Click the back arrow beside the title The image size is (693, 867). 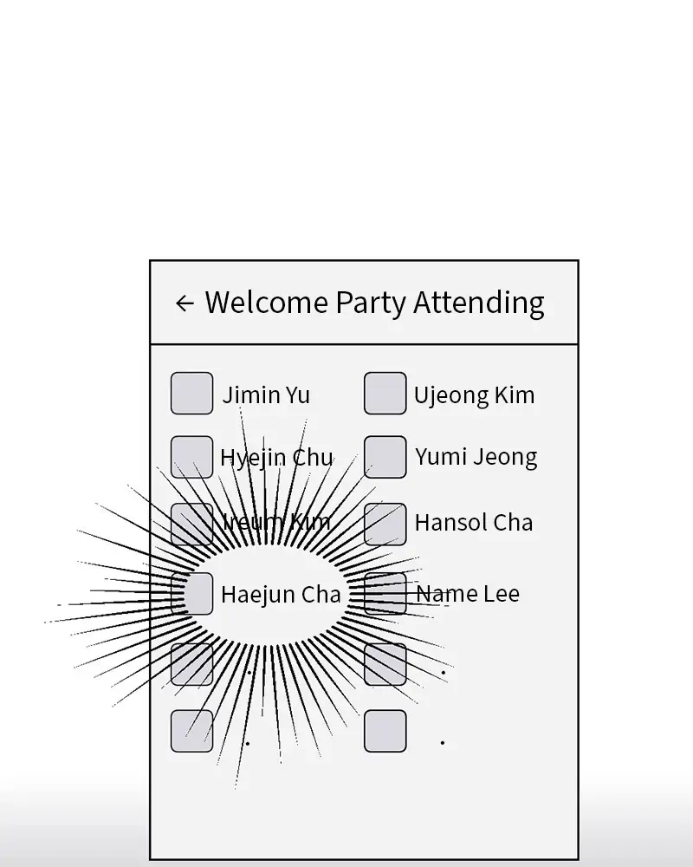coord(184,303)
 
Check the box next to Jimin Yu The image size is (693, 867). coord(191,394)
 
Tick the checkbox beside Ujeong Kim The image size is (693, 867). coord(385,394)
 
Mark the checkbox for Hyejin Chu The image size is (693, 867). coord(191,457)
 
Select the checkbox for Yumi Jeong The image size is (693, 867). coord(385,457)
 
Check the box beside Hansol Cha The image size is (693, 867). coord(385,525)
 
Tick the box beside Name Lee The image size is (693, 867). coord(385,594)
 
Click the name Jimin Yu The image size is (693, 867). coord(266,395)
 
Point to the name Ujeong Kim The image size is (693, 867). coord(474,395)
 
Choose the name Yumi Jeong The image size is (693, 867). coord(476,458)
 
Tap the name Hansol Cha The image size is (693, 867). coord(473,523)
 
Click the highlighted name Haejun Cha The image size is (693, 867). coord(281,595)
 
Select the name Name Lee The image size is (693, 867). coord(468,594)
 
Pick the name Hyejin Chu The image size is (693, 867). coord(276,458)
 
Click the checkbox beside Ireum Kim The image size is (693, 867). coord(191,525)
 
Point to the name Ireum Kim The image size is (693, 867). coord(276,522)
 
